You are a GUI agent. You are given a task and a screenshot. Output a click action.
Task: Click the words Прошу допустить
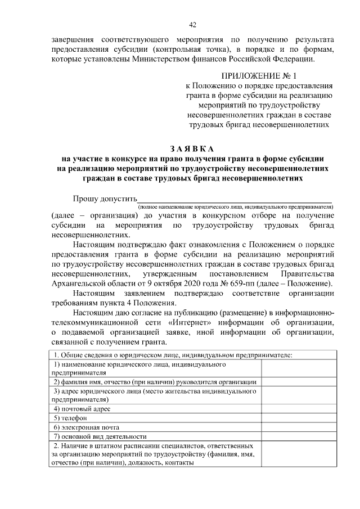105,199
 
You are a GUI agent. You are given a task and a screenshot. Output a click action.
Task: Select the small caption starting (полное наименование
236,207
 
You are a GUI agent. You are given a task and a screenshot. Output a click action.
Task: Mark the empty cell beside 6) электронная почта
300,427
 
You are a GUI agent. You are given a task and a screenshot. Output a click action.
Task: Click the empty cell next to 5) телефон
300,418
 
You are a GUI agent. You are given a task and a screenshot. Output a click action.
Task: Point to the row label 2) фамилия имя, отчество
155,381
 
